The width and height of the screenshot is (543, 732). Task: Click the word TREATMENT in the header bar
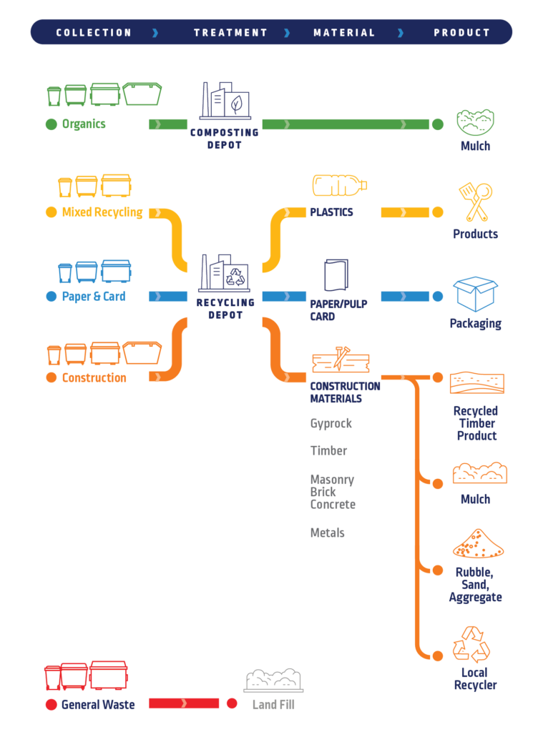[x=230, y=32]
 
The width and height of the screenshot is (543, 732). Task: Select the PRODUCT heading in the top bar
[x=462, y=32]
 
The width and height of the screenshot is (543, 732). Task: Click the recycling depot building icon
[x=225, y=272]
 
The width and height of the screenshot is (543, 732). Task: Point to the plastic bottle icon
[x=339, y=185]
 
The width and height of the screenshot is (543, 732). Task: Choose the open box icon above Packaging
[x=475, y=294]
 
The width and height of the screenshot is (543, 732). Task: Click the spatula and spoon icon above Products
[x=475, y=202]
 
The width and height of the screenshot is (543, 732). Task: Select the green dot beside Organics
[x=51, y=124]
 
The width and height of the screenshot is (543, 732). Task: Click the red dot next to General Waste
[x=51, y=705]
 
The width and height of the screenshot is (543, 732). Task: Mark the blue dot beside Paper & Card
[x=51, y=297]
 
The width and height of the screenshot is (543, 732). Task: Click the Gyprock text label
[x=331, y=424]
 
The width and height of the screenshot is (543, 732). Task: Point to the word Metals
[x=327, y=533]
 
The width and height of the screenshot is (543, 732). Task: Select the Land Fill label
[x=273, y=705]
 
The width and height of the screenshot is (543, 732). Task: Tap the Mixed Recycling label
[x=102, y=212]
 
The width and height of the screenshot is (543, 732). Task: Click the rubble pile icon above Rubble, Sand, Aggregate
[x=478, y=544]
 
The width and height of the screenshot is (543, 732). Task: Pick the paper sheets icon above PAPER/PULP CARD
[x=336, y=275]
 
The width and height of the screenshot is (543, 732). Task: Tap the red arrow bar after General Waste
[x=183, y=704]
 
